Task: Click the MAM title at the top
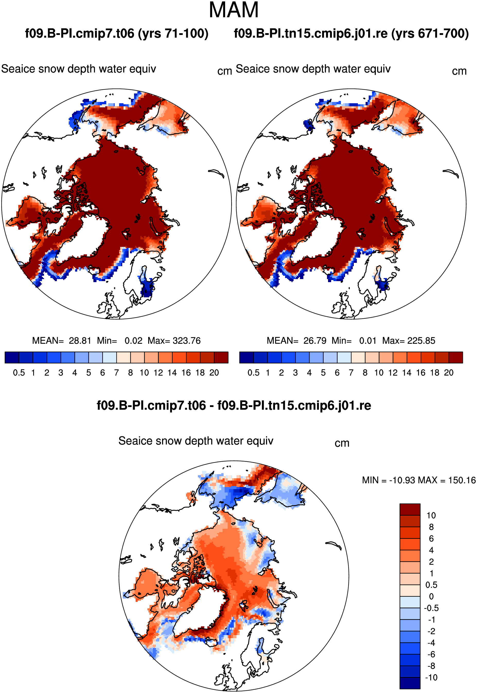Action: (233, 10)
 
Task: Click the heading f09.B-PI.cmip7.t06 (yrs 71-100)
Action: (117, 33)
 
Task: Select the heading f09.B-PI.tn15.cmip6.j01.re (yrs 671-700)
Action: (351, 33)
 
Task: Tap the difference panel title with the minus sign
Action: (234, 406)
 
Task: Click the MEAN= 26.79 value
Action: (296, 341)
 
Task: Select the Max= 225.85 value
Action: (409, 341)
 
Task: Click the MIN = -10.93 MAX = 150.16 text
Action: (419, 480)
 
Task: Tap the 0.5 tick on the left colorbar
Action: (19, 373)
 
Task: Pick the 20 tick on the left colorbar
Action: (214, 373)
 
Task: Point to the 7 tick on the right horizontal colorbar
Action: (351, 373)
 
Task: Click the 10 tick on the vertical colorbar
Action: (431, 515)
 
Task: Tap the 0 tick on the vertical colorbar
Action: (431, 596)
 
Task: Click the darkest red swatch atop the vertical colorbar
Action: (410, 509)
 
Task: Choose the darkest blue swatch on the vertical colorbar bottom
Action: (410, 683)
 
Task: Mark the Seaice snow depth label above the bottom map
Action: (196, 441)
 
